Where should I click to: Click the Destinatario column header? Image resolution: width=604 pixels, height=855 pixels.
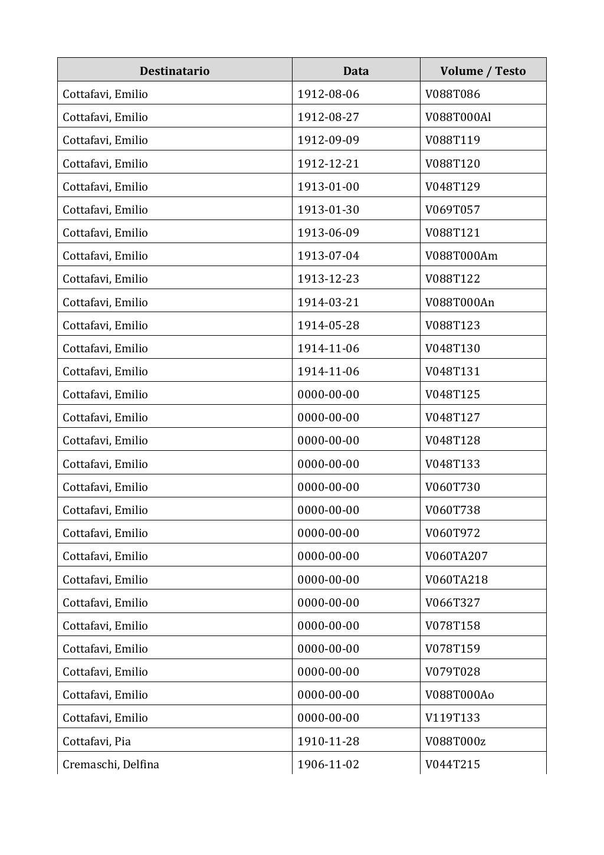click(175, 71)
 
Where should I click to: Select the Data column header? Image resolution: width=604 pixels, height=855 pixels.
click(356, 71)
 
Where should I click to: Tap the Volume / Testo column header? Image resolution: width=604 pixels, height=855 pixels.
click(482, 71)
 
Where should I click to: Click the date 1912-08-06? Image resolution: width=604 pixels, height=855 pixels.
click(328, 94)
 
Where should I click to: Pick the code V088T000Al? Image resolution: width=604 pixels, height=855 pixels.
click(458, 117)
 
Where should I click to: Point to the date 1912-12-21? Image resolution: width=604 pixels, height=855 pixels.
click(328, 163)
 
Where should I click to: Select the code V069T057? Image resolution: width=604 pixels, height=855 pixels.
click(452, 209)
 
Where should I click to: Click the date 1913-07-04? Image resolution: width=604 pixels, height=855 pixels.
click(328, 255)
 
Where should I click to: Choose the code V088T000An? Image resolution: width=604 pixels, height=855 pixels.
click(459, 302)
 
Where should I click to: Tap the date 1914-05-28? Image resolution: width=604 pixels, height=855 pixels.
click(328, 325)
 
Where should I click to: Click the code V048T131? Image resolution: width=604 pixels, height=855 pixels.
click(452, 371)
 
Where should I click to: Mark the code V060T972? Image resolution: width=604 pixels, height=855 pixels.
click(452, 533)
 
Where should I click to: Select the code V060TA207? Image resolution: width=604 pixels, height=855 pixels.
click(456, 556)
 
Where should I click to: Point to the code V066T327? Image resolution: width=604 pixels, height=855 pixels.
click(452, 602)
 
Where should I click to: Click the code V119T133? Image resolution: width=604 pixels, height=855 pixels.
click(452, 718)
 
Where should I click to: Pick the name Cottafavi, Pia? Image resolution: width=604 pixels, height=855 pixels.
click(97, 741)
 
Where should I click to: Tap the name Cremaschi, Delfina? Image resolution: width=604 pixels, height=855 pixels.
click(111, 764)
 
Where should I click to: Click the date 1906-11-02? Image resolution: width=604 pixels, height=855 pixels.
click(328, 764)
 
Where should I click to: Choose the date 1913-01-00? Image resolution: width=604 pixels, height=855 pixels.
click(328, 186)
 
